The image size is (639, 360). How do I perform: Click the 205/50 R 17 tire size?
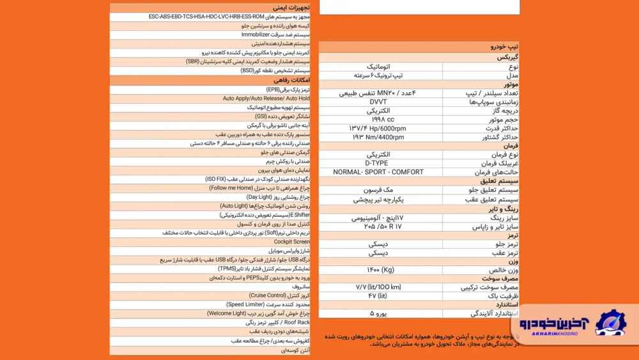pyautogui.click(x=383, y=226)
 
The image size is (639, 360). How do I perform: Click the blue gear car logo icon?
pyautogui.click(x=610, y=323)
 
